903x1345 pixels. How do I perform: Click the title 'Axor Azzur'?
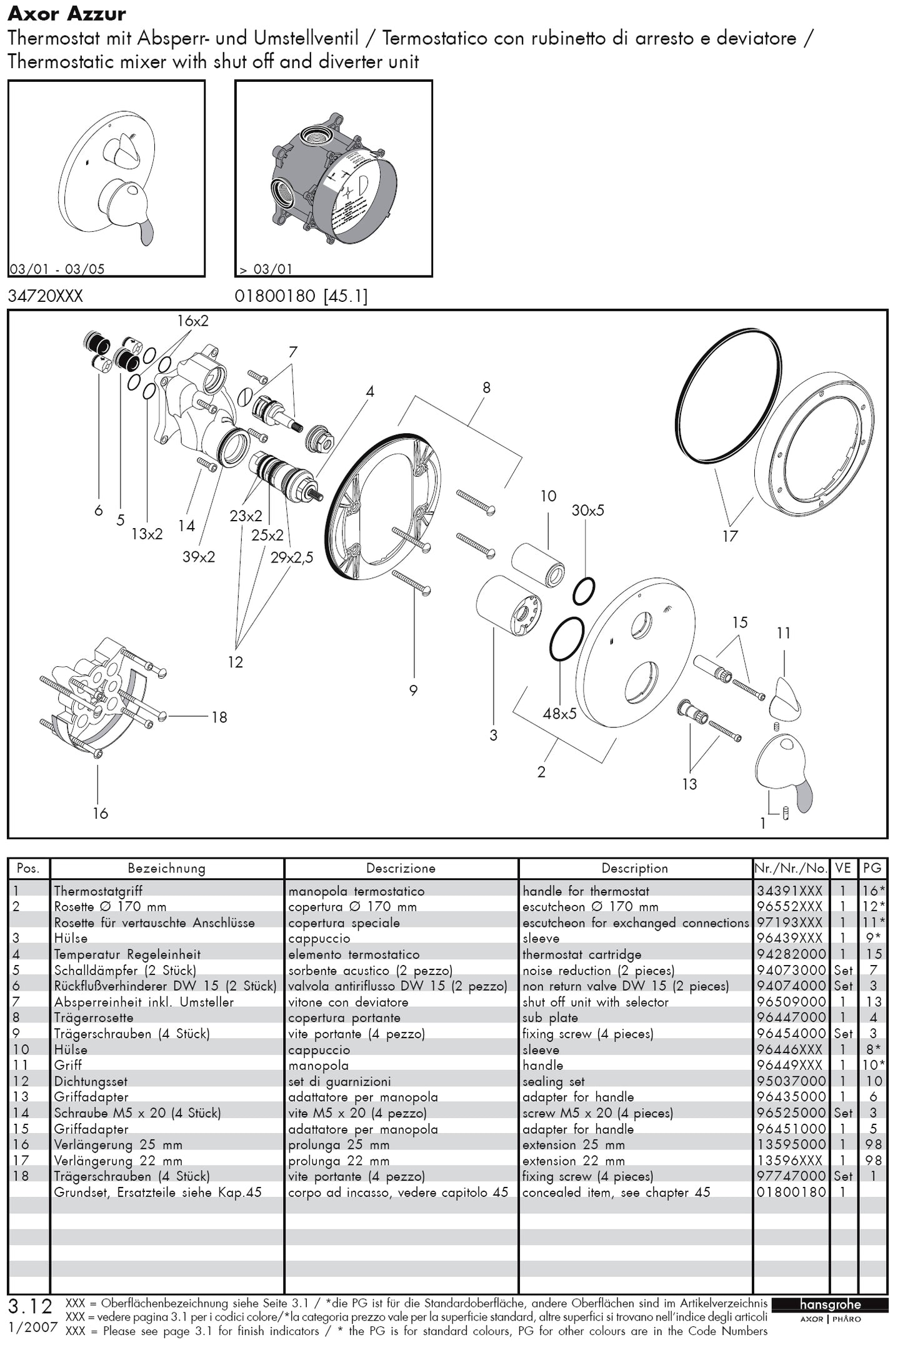(x=67, y=13)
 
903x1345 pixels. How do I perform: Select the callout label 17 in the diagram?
(x=729, y=536)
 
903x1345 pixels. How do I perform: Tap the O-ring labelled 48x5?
(x=566, y=638)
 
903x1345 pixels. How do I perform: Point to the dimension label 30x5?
(x=587, y=511)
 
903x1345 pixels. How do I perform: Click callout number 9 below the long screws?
(x=413, y=690)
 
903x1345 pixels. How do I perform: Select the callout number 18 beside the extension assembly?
(x=219, y=717)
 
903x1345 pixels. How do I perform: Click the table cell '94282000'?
(x=790, y=954)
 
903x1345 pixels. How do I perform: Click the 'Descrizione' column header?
(x=401, y=868)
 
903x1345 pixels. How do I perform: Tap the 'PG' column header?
(x=872, y=868)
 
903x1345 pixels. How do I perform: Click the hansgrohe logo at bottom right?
(x=830, y=1304)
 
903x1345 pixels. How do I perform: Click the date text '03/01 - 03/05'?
(x=57, y=269)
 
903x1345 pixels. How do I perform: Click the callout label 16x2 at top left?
(x=192, y=321)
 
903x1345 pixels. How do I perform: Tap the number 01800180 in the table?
(x=790, y=1192)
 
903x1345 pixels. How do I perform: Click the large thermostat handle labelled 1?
(x=781, y=769)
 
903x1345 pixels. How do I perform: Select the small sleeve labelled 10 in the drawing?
(x=538, y=556)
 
